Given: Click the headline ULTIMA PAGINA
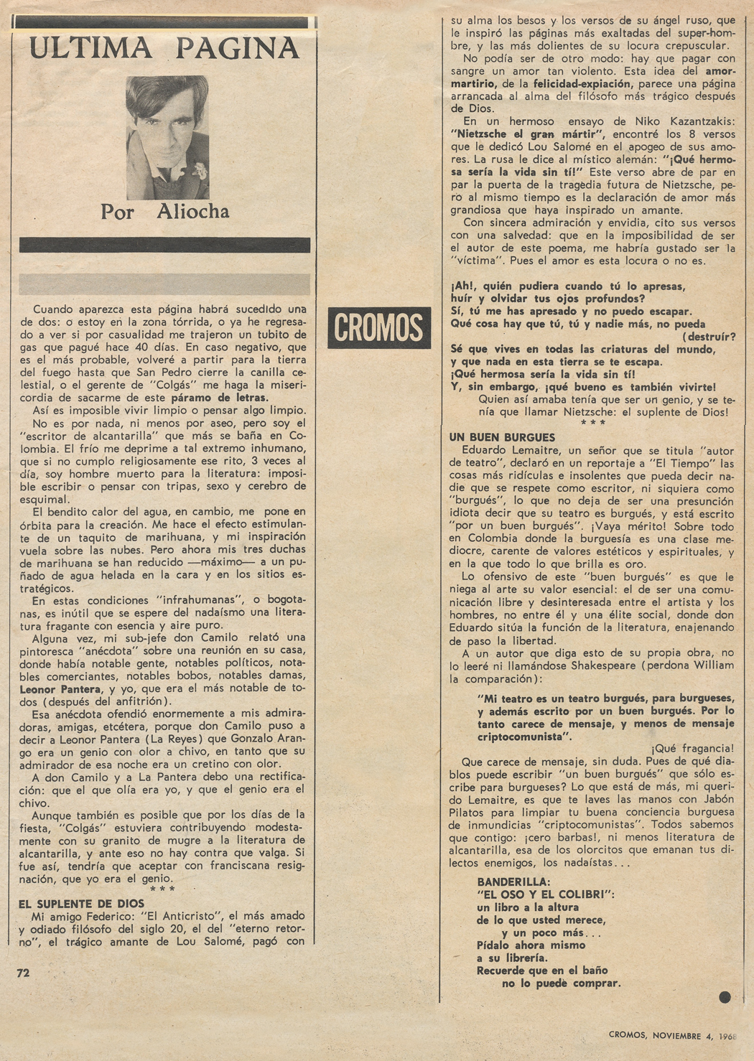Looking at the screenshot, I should click(164, 49).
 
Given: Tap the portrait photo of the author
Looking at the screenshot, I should click(167, 137).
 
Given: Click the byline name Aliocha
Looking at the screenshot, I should click(193, 212).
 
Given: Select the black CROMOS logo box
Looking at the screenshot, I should click(379, 328).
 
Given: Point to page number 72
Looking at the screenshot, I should click(24, 973).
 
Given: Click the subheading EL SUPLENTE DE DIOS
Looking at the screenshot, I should click(81, 903).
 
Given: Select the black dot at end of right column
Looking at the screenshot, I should click(725, 996).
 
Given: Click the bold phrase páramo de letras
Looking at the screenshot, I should click(219, 398).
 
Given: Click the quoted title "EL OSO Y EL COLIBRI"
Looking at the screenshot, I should click(546, 894).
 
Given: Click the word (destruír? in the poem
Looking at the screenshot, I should click(708, 337).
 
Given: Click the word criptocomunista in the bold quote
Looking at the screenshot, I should click(523, 737).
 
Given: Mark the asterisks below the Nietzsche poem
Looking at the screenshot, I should click(592, 424).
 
